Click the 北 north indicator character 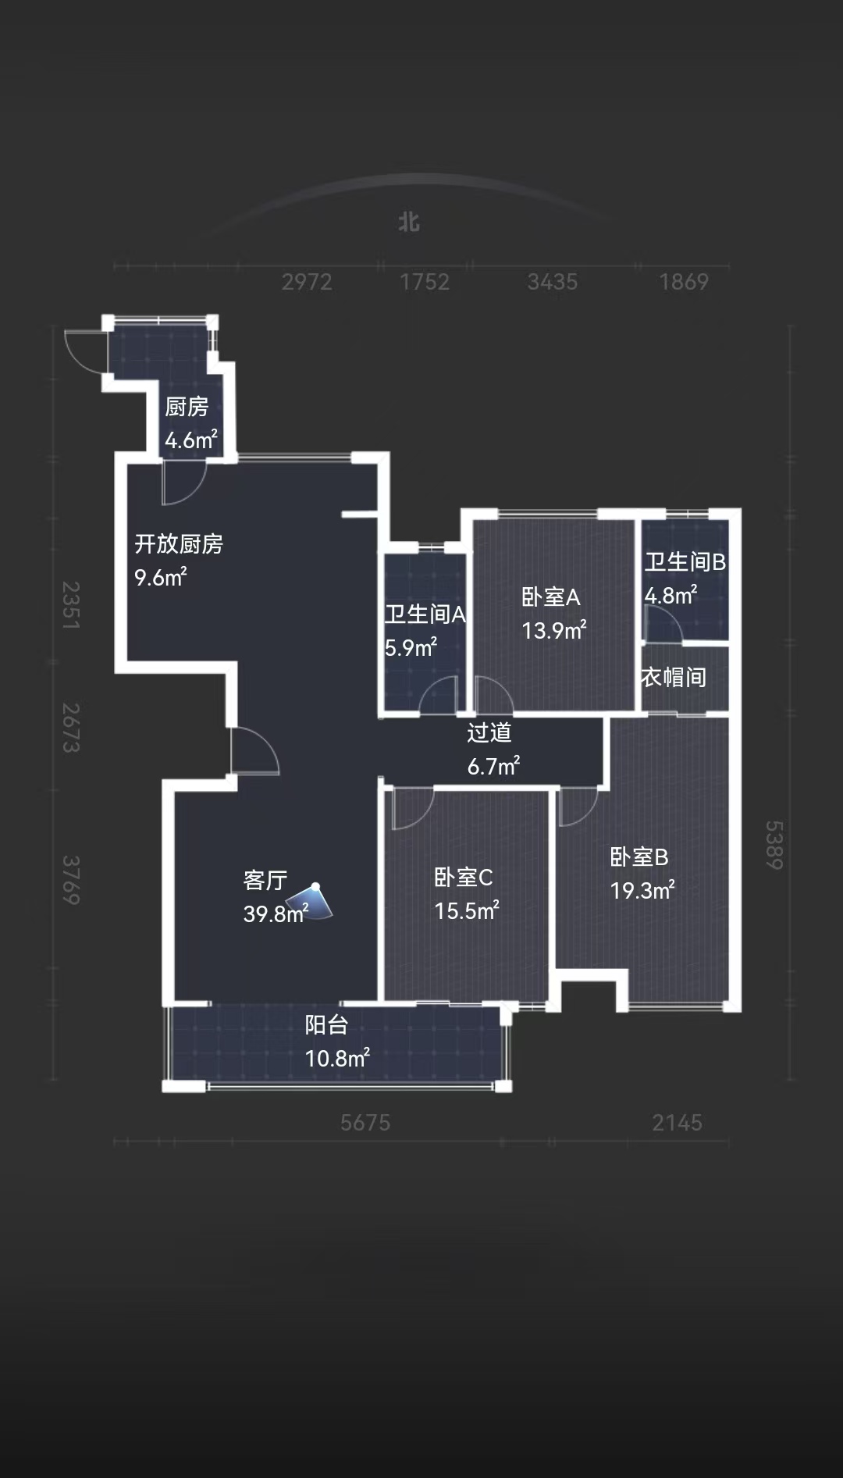coord(409,223)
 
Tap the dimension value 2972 coord(307,282)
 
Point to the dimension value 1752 coord(425,282)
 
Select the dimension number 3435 coord(553,282)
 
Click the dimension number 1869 coord(684,282)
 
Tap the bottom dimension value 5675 coord(365,1123)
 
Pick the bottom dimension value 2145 coord(678,1123)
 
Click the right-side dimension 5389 coord(773,845)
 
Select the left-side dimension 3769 coord(71,880)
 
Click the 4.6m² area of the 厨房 coord(191,440)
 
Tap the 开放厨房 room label coord(179,543)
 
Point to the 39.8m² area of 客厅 coord(276,914)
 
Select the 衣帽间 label coord(674,677)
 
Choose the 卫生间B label coord(685,561)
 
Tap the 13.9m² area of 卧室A coord(554,630)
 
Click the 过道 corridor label coord(489,732)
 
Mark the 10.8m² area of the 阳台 coord(337,1058)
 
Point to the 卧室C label coord(464,878)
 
